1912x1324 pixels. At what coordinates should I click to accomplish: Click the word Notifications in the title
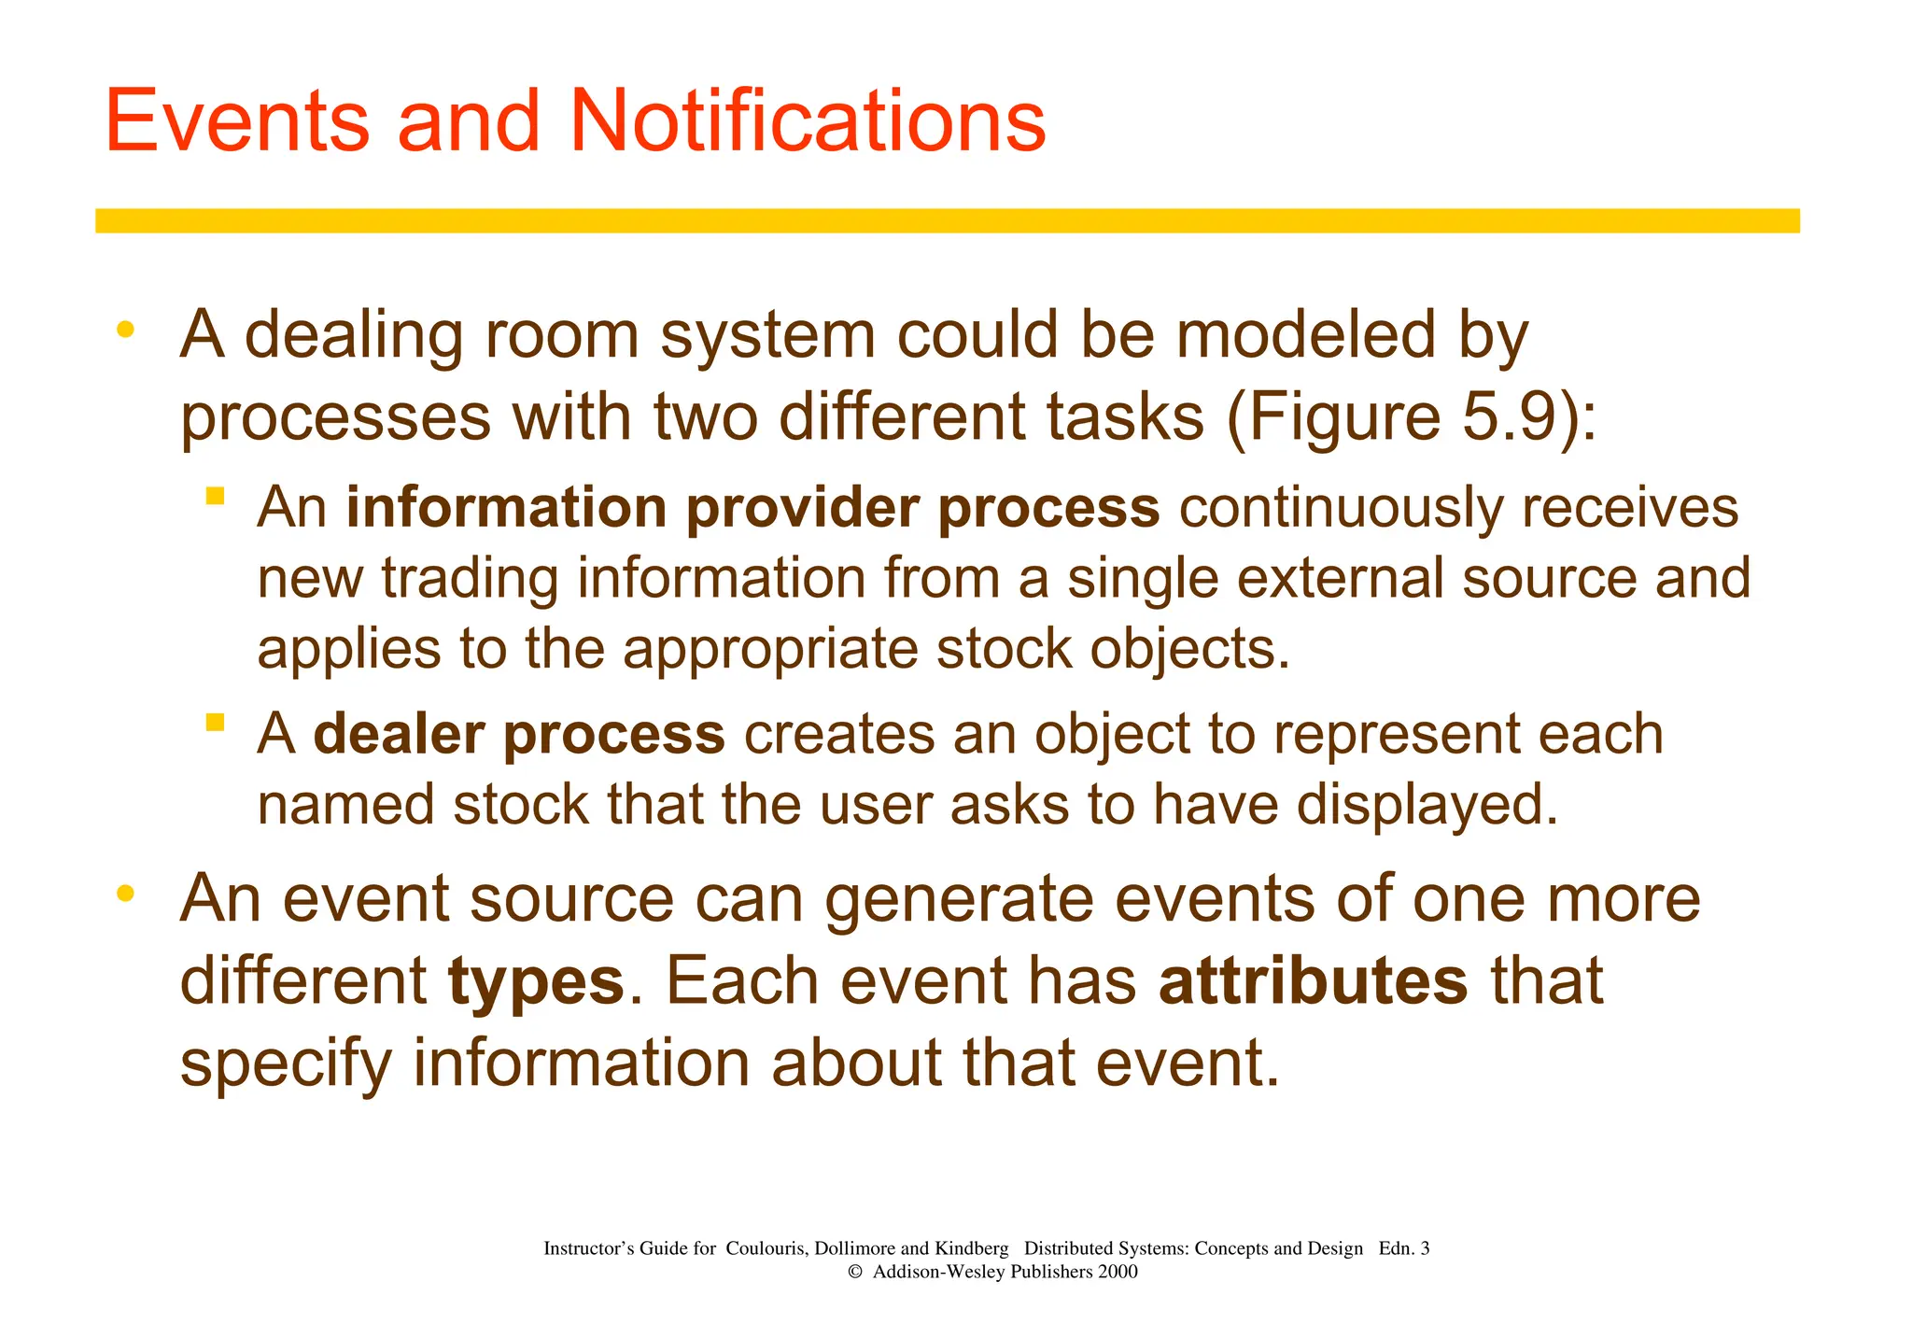[808, 121]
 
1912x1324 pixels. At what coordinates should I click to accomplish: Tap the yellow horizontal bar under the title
[947, 220]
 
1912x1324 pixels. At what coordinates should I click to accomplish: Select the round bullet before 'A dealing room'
[125, 330]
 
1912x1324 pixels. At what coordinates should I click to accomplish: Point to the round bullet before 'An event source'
[125, 894]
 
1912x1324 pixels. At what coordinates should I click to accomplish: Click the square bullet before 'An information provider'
[216, 496]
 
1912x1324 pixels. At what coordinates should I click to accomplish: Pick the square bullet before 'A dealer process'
[216, 722]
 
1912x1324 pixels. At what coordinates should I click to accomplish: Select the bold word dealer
[399, 735]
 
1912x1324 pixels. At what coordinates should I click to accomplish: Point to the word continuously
[1341, 509]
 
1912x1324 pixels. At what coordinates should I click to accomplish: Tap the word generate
[959, 900]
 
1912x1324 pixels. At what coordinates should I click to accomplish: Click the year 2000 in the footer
[1118, 1272]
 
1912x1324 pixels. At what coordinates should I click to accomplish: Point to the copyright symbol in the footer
[854, 1273]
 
